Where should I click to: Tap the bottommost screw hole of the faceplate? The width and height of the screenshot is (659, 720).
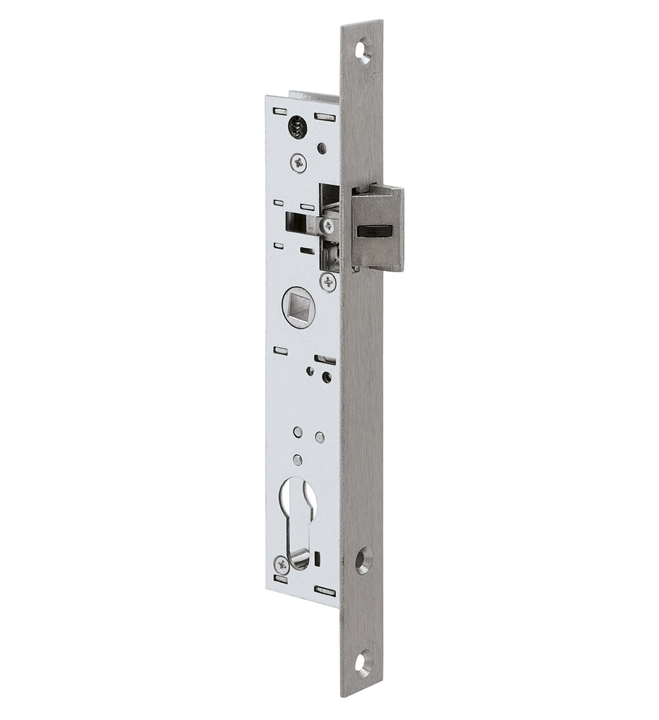click(363, 662)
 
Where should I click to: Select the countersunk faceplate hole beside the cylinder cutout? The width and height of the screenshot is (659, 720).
click(364, 560)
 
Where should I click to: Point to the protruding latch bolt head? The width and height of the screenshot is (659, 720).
click(378, 227)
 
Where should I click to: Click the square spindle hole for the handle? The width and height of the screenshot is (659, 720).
click(298, 307)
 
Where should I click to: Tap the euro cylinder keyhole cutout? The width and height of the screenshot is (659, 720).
click(298, 521)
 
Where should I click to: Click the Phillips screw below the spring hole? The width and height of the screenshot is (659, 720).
click(298, 162)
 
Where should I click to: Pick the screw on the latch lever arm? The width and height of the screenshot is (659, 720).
click(328, 226)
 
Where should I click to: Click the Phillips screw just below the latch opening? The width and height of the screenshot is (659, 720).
click(328, 282)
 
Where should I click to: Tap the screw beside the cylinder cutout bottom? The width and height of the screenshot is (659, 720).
click(281, 564)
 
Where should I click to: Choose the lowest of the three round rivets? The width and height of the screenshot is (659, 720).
click(298, 459)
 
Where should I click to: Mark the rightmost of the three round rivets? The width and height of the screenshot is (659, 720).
click(320, 436)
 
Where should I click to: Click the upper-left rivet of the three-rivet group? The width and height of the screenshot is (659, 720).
click(298, 432)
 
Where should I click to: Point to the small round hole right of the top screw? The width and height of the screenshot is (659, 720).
click(322, 148)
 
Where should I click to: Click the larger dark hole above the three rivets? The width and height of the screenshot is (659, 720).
click(326, 377)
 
